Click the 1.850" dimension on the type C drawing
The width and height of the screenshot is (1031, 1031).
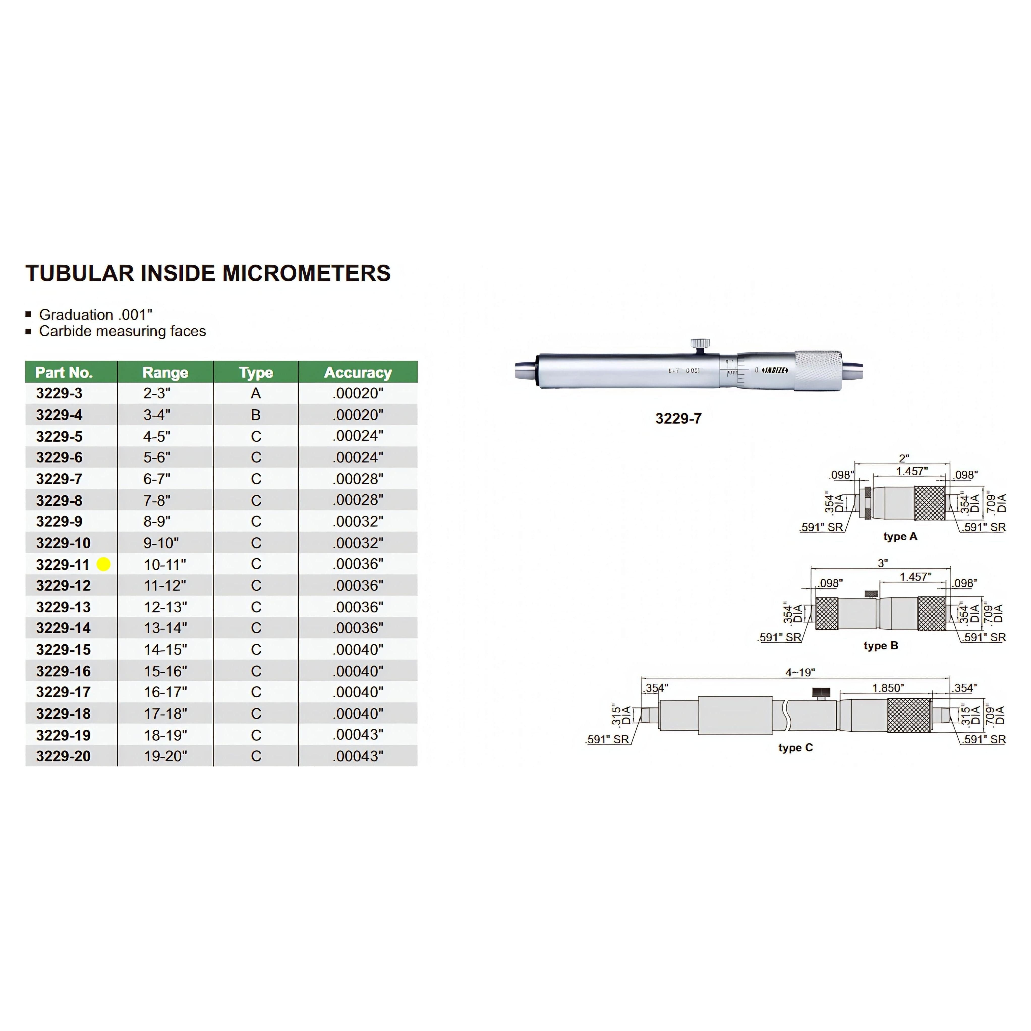tap(888, 688)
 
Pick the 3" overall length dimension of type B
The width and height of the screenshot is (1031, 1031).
tap(883, 563)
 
